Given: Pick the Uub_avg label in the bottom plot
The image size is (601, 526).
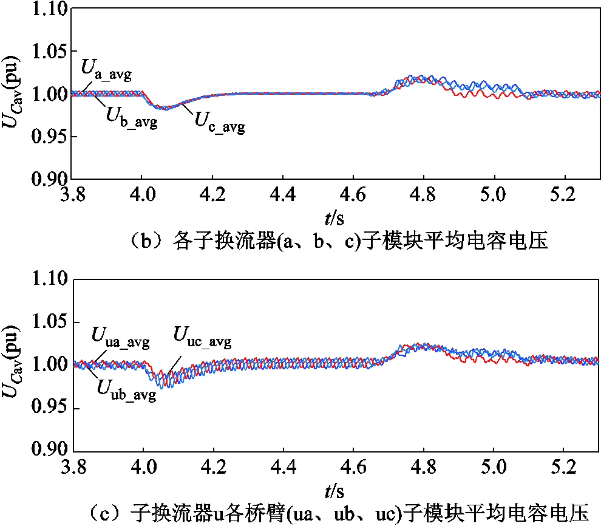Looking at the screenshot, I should [x=127, y=389].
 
